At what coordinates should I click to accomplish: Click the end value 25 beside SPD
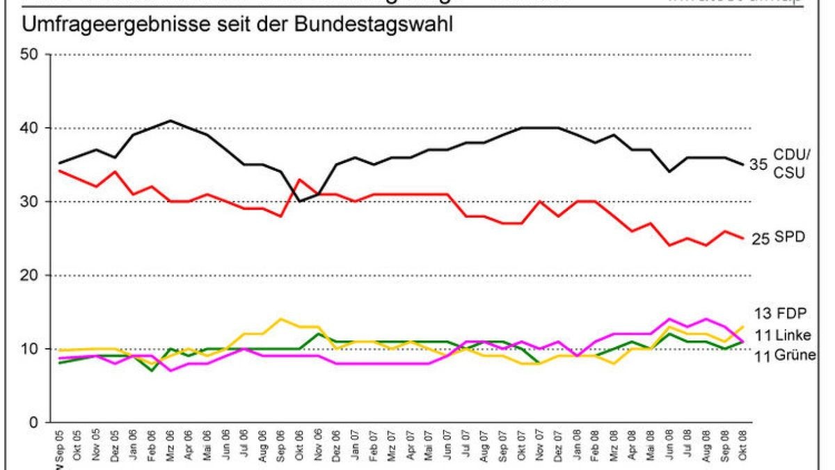point(761,240)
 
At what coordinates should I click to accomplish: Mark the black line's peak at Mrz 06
point(170,120)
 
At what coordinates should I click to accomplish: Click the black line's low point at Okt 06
point(299,201)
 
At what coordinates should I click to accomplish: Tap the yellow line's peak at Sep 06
point(280,319)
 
